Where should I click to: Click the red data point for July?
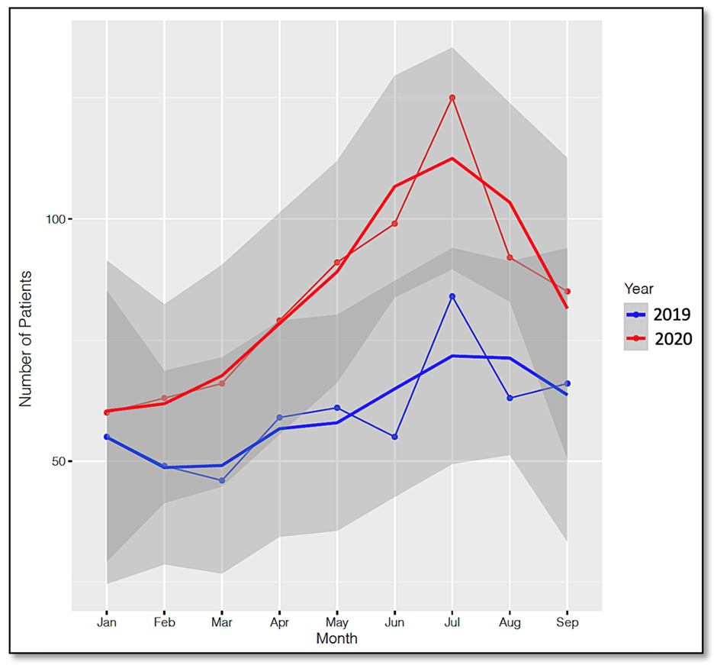point(452,98)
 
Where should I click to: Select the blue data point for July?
point(452,296)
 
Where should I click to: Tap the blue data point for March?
point(222,480)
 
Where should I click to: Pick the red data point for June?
point(394,224)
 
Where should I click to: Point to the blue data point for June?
point(394,437)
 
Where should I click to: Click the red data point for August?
point(510,258)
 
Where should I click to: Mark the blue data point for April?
point(279,418)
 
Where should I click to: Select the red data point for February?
point(164,398)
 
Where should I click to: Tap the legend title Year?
point(638,289)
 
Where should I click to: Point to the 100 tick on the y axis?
point(55,219)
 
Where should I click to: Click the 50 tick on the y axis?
point(58,461)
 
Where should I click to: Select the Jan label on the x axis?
point(107,623)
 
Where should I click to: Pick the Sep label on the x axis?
point(568,623)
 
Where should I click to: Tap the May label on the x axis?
point(337,623)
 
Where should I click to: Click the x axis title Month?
point(336,638)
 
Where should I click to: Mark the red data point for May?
point(337,263)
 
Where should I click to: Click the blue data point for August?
point(510,398)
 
